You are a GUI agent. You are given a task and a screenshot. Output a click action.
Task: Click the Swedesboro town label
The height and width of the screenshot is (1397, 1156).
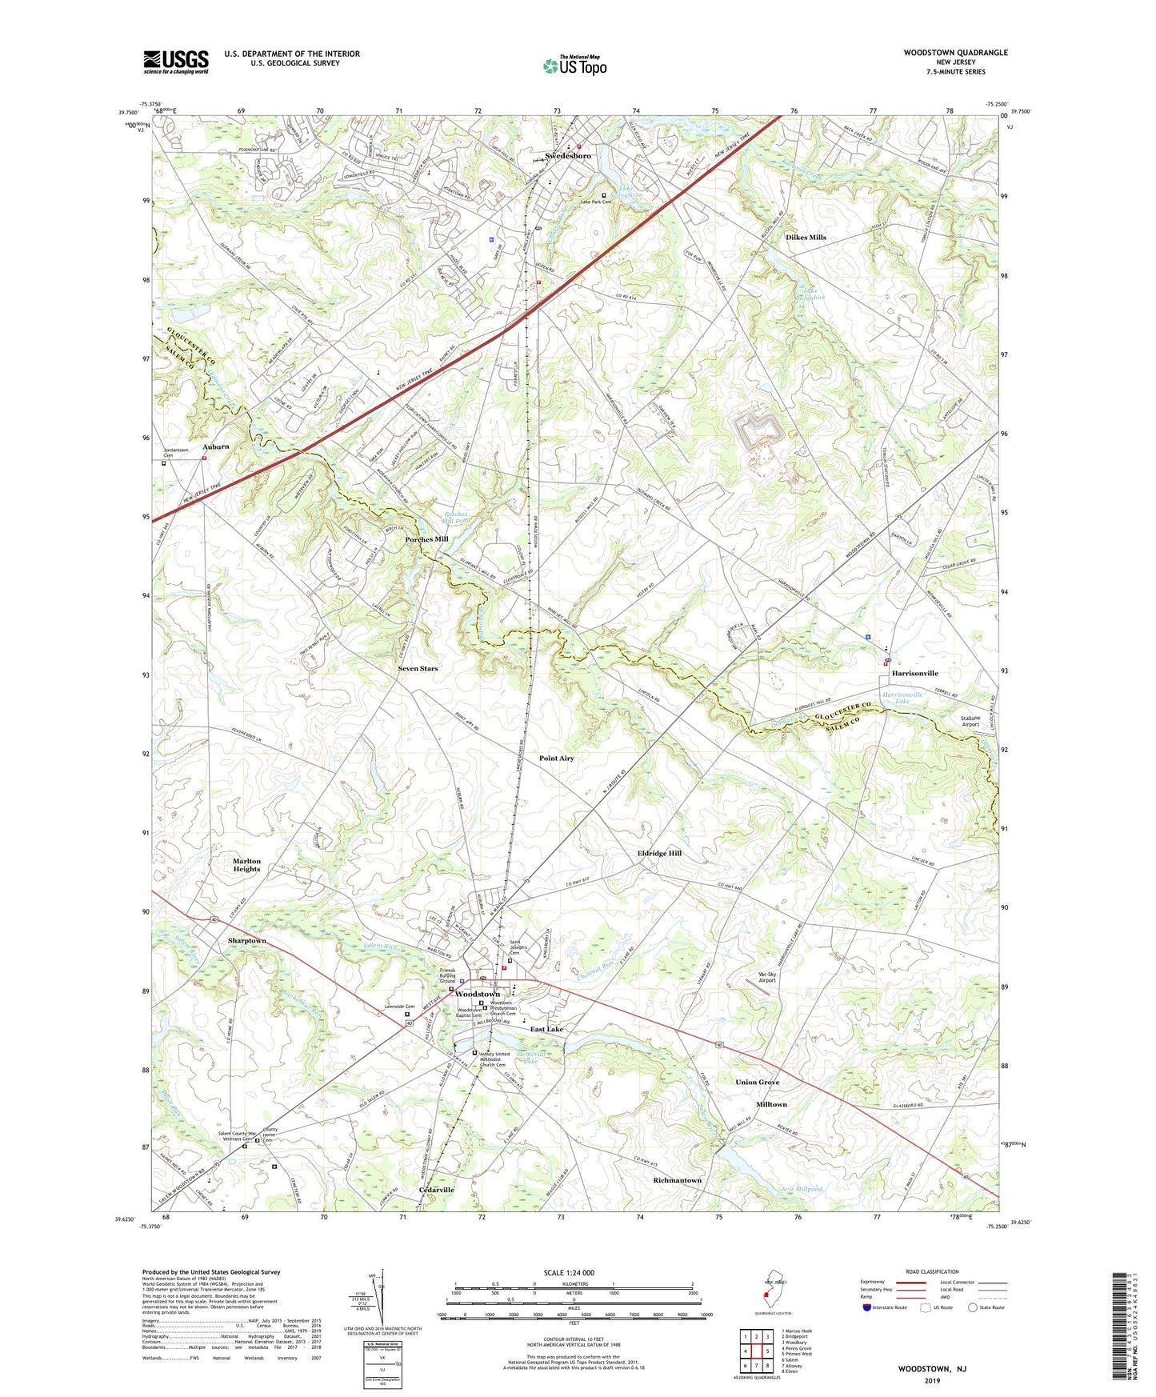568,155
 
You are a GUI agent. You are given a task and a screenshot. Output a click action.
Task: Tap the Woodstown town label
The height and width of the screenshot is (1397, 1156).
478,994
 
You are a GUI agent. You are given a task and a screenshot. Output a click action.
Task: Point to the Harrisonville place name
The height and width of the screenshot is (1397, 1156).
914,674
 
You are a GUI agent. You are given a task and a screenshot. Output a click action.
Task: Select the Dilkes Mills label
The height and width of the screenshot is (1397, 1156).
806,238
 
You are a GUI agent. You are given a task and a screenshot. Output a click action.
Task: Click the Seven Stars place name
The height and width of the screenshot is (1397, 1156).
418,668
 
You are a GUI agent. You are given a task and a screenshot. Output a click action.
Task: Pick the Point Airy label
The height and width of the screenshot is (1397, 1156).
556,758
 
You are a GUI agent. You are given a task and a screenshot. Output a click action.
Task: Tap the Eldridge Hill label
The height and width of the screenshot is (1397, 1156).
659,854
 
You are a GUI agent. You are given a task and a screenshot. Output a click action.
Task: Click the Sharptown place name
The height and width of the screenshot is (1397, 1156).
246,940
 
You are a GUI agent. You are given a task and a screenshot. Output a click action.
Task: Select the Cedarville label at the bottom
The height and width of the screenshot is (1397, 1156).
437,1190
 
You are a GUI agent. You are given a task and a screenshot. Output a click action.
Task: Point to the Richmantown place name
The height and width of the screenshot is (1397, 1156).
677,1180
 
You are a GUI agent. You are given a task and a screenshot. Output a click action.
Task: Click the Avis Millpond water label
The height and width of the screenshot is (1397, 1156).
801,1189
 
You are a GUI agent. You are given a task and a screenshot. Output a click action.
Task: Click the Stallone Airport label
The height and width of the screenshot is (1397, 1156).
974,721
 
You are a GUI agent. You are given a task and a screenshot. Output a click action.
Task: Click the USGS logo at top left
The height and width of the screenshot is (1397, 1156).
176,62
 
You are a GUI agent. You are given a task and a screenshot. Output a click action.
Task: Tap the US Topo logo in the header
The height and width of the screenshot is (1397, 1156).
574,66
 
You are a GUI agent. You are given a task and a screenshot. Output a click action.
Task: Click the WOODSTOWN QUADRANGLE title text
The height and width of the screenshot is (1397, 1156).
955,53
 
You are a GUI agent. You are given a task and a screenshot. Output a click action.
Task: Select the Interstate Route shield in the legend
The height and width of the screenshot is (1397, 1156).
867,1308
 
